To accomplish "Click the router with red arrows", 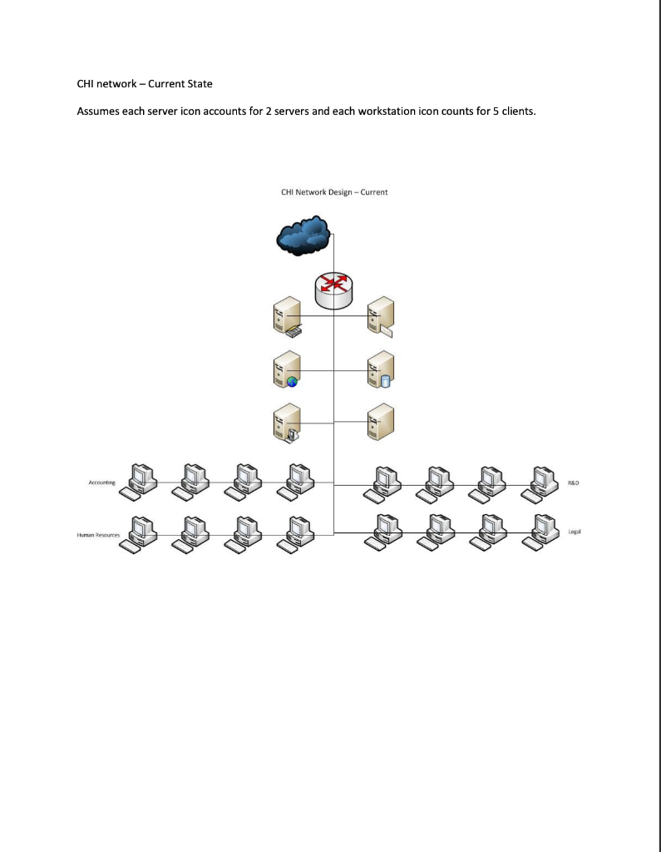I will (334, 287).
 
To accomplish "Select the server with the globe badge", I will (285, 369).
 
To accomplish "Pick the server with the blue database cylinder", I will (382, 369).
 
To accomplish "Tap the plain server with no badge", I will (382, 422).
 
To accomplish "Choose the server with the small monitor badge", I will (285, 422).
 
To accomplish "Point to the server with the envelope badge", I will (382, 317).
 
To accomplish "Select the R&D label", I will (573, 482).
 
